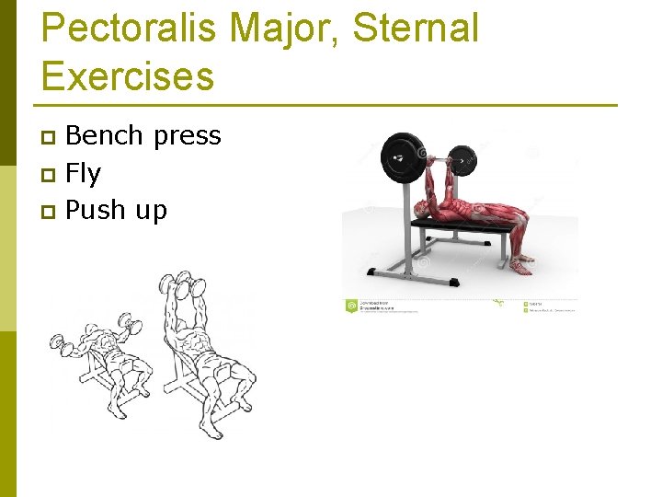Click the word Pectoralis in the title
[x=129, y=29]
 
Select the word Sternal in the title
[x=416, y=29]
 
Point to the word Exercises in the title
[x=128, y=75]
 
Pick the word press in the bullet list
[x=188, y=137]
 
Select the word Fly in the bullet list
[x=84, y=174]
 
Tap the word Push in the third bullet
[x=96, y=211]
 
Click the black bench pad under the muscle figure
[x=460, y=225]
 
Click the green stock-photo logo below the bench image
[x=350, y=306]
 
